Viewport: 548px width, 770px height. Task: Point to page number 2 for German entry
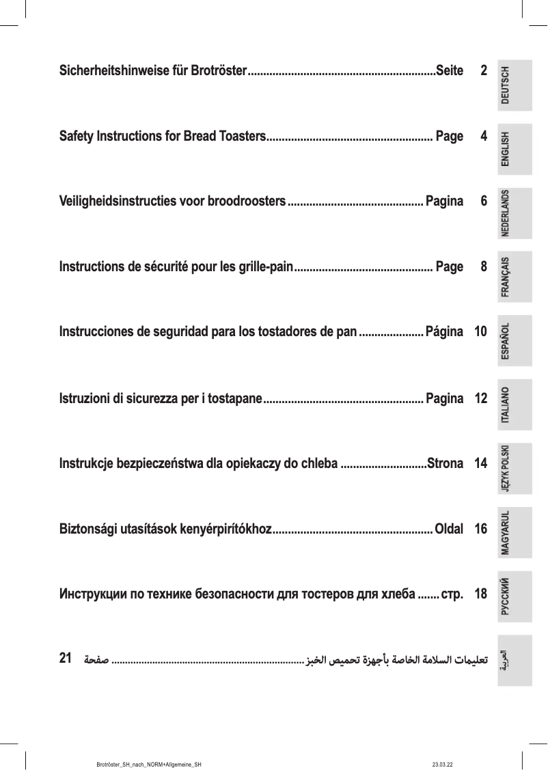pyautogui.click(x=484, y=71)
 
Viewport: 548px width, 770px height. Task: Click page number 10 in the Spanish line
pyautogui.click(x=480, y=333)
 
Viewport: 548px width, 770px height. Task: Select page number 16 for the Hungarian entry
pyautogui.click(x=480, y=529)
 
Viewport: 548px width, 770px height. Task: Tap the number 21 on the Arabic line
pyautogui.click(x=66, y=659)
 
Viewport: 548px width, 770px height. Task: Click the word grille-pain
pyautogui.click(x=263, y=267)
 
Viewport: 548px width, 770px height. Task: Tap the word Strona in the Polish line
pyautogui.click(x=445, y=464)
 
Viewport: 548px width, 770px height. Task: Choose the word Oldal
pyautogui.click(x=449, y=529)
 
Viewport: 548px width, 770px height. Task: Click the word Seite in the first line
pyautogui.click(x=449, y=71)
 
